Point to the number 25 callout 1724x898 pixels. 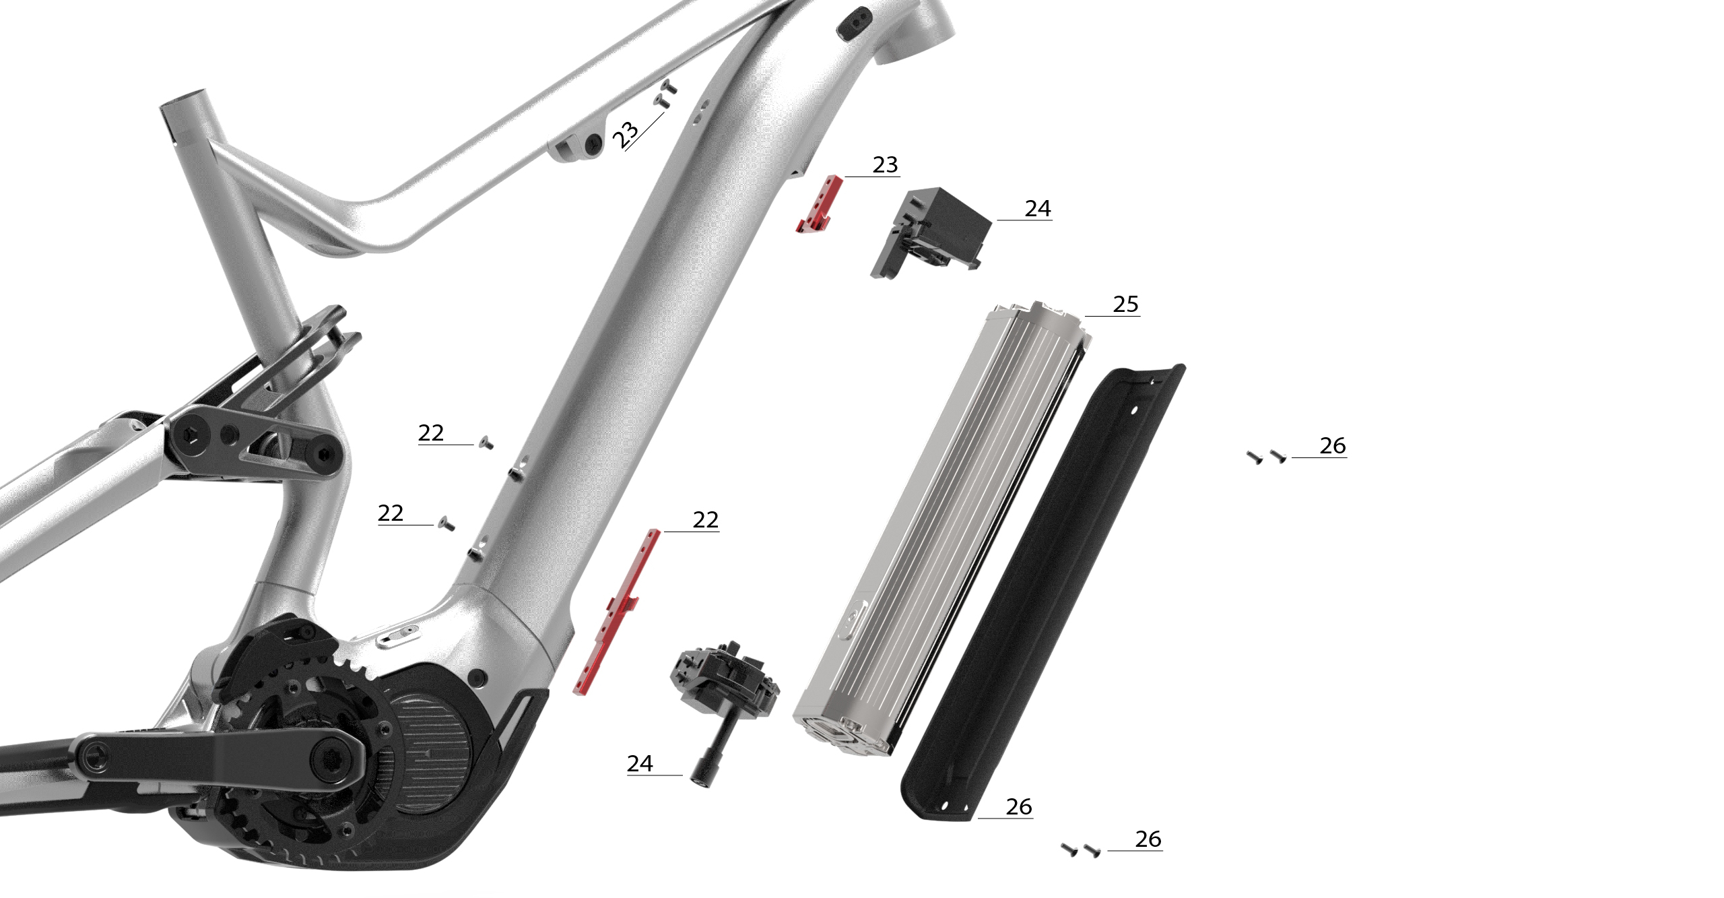(1125, 304)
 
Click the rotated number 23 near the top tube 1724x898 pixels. (625, 135)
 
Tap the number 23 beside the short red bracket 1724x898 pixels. (885, 165)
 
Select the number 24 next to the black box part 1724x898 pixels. (1037, 209)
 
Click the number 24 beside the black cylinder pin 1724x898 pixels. (640, 763)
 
